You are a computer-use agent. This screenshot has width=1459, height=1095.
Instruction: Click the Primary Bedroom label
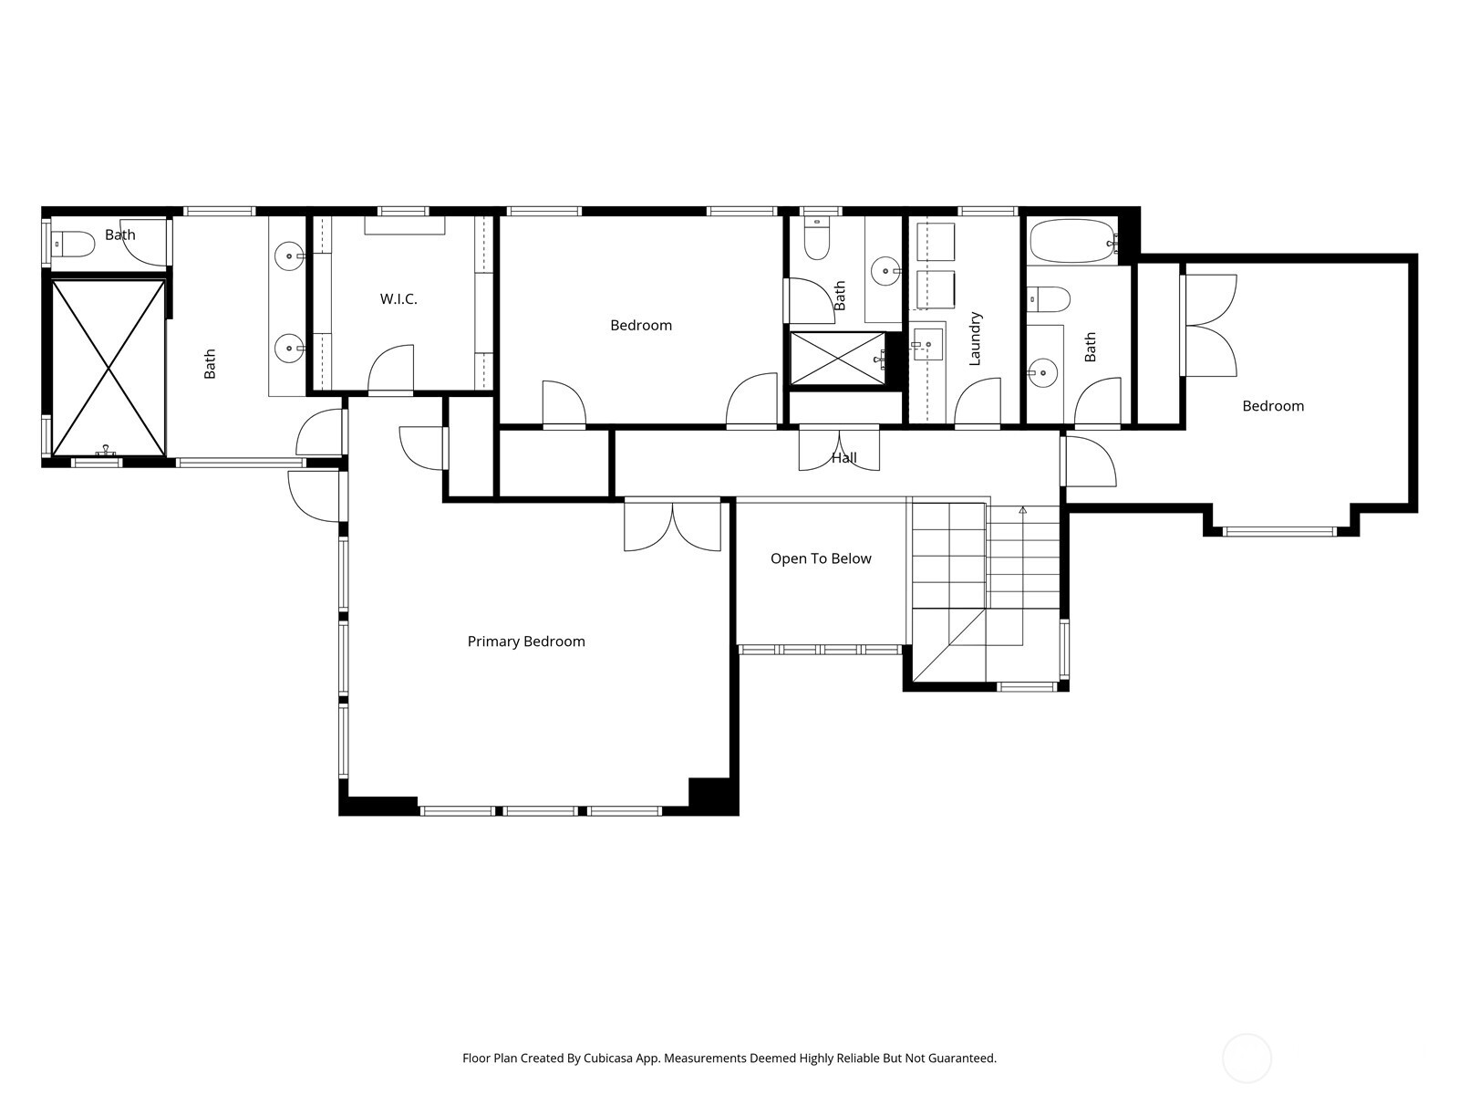pyautogui.click(x=526, y=641)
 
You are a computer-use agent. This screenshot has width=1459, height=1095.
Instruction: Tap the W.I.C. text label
pyautogui.click(x=398, y=299)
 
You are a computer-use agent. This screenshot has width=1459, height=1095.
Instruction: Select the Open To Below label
pyautogui.click(x=821, y=558)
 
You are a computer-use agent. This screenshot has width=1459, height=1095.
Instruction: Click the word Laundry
pyautogui.click(x=975, y=339)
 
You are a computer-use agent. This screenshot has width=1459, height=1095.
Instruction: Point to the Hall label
pyautogui.click(x=843, y=458)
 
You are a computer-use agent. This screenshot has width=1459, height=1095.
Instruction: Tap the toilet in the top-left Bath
pyautogui.click(x=73, y=244)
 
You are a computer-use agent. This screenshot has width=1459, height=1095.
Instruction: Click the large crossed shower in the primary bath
pyautogui.click(x=109, y=368)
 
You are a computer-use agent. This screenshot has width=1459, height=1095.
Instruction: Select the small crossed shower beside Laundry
pyautogui.click(x=836, y=359)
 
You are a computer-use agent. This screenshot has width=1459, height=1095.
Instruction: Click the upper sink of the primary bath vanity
pyautogui.click(x=289, y=256)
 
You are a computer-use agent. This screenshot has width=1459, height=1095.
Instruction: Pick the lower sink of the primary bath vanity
pyautogui.click(x=289, y=347)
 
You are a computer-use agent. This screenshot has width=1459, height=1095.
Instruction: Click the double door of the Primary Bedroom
pyautogui.click(x=672, y=527)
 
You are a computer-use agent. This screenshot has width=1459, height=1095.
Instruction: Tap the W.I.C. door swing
pyautogui.click(x=390, y=369)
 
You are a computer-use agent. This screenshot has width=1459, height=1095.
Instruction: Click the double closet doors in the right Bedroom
pyautogui.click(x=1211, y=325)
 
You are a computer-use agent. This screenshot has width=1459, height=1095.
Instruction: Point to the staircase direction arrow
pyautogui.click(x=1023, y=511)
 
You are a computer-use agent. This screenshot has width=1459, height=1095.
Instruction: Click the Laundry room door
pyautogui.click(x=978, y=402)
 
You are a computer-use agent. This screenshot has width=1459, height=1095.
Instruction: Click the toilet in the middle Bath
pyautogui.click(x=817, y=241)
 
